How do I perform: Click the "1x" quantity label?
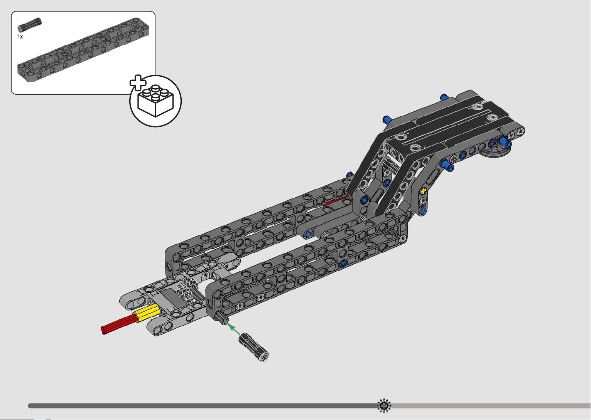click(x=20, y=37)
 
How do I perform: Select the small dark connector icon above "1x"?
click(x=30, y=25)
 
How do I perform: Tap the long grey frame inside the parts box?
click(x=83, y=50)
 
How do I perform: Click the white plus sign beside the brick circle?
click(x=138, y=83)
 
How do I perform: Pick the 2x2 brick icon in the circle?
click(x=156, y=101)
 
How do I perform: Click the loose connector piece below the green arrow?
click(x=254, y=347)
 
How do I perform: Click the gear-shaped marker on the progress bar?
click(x=384, y=405)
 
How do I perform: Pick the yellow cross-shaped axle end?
click(x=423, y=191)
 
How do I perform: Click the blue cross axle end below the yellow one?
click(x=423, y=210)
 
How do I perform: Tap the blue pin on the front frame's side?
click(x=343, y=263)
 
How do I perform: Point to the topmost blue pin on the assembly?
click(x=444, y=97)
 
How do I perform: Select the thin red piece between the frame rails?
click(x=336, y=200)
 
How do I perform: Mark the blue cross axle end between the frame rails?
click(x=307, y=234)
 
